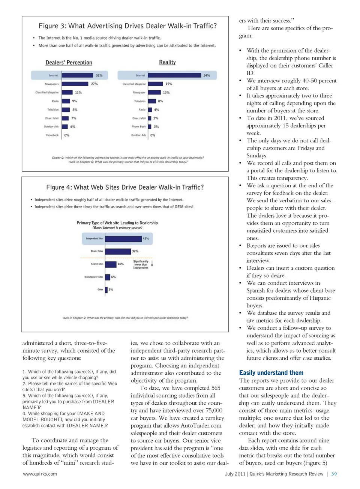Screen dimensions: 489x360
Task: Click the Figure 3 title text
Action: pos(127,26)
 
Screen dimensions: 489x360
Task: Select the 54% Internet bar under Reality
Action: pos(174,75)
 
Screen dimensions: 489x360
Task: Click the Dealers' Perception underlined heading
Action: pos(69,63)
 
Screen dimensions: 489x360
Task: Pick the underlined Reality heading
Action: pos(167,62)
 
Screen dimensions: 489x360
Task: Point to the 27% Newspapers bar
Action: pos(75,84)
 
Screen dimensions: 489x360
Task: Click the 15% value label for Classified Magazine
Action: pos(169,84)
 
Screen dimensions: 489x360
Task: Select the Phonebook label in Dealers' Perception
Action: pos(52,135)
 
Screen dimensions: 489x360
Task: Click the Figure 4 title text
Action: pos(125,187)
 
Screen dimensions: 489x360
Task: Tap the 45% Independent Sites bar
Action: pos(123,238)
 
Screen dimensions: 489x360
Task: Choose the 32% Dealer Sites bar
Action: pos(118,251)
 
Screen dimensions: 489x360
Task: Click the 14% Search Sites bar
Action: pos(111,264)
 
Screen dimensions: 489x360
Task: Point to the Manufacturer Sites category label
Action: pos(94,277)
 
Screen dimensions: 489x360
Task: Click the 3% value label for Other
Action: pos(111,290)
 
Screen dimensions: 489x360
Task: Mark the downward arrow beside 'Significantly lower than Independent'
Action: pos(152,263)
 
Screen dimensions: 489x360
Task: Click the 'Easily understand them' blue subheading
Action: pos(271,373)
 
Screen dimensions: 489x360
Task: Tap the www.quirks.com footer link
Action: pos(40,474)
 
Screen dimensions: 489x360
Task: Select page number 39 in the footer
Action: pos(334,474)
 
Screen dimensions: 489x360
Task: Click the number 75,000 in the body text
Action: pos(213,410)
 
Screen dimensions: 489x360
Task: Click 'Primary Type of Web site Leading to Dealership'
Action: pos(117,223)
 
